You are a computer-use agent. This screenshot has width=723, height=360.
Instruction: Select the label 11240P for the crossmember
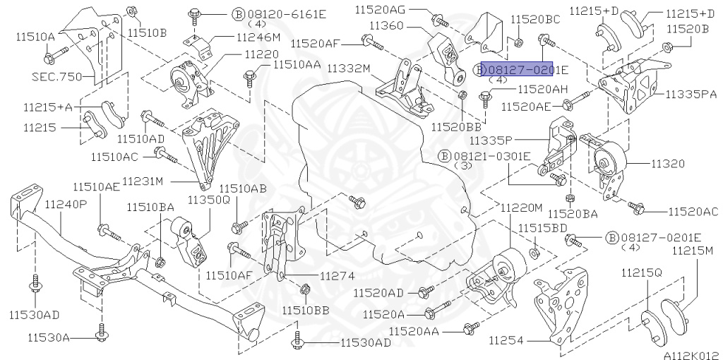click(66, 204)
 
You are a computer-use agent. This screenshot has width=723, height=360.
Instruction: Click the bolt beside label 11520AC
click(638, 208)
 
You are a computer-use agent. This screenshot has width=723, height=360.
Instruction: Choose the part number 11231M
click(143, 181)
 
